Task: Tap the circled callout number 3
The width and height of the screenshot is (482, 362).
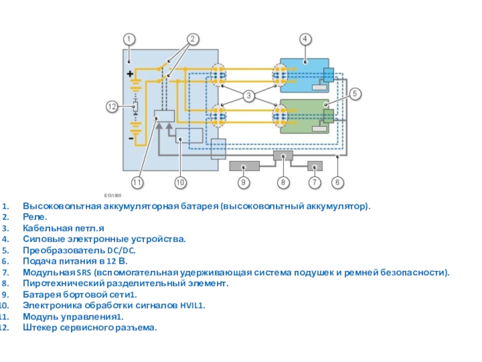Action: point(248,95)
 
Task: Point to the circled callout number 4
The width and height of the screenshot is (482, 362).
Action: point(305,39)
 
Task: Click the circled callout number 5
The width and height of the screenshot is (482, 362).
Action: point(355,94)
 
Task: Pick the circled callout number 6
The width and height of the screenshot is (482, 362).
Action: point(338,182)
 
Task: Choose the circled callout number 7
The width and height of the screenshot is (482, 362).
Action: point(315,182)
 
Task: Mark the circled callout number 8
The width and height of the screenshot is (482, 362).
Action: point(281,182)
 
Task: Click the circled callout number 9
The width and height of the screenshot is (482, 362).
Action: point(243,182)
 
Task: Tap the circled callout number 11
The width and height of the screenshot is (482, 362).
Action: point(138,182)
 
